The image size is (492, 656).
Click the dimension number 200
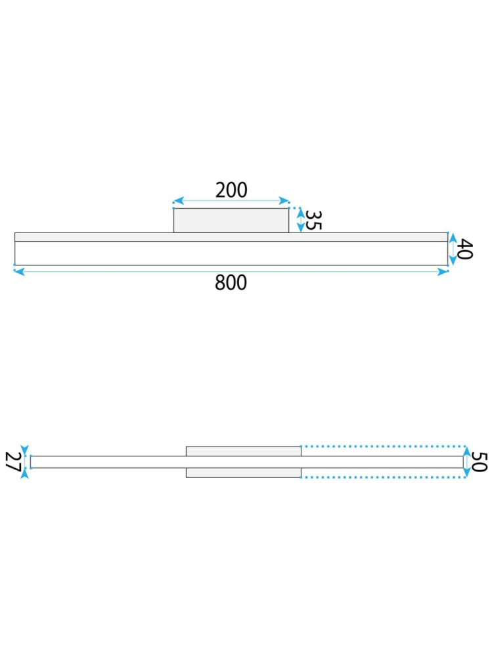pyautogui.click(x=231, y=190)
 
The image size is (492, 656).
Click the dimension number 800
pyautogui.click(x=231, y=283)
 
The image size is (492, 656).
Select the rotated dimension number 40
pyautogui.click(x=465, y=250)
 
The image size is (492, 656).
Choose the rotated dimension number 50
pyautogui.click(x=480, y=462)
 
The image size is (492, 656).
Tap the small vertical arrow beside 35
pyautogui.click(x=300, y=221)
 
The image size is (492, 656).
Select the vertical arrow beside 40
pyautogui.click(x=452, y=250)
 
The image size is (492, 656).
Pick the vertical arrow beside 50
pyautogui.click(x=466, y=462)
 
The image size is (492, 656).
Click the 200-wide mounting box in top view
pyautogui.click(x=231, y=221)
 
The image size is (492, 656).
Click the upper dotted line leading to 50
pyautogui.click(x=381, y=447)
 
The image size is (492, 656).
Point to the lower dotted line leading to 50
pyautogui.click(x=381, y=477)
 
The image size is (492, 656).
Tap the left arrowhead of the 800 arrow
pyautogui.click(x=18, y=271)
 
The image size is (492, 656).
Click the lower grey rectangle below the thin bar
pyautogui.click(x=243, y=473)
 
